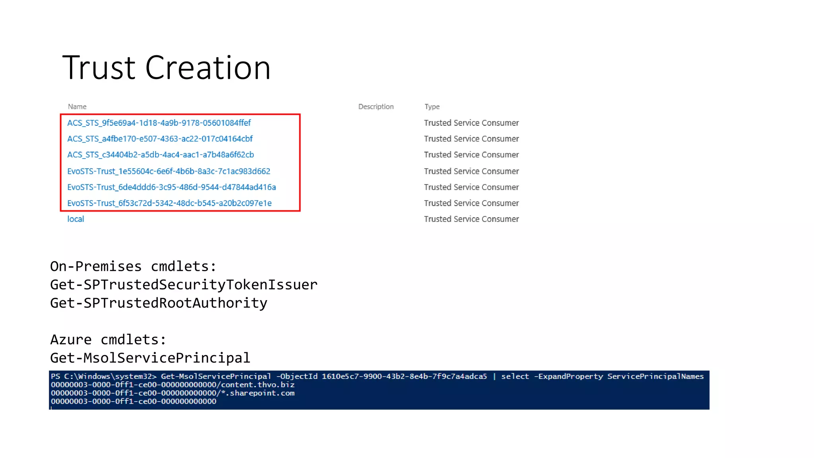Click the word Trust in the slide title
point(99,68)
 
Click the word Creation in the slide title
point(207,68)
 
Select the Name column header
point(77,107)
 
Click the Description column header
point(376,107)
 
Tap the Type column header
point(432,107)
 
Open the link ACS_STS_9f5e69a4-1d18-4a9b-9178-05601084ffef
point(159,123)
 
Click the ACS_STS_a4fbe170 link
point(160,139)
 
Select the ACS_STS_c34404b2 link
point(160,155)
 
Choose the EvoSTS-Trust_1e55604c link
point(169,171)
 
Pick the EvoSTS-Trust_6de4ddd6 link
point(171,187)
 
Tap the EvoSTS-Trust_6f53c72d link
point(169,203)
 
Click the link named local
point(76,219)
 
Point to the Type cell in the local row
point(471,219)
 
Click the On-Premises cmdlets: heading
point(133,266)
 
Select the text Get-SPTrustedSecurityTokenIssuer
point(184,285)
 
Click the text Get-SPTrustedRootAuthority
point(159,303)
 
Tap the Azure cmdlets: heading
point(108,340)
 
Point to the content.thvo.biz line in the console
point(172,385)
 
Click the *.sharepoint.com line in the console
point(172,393)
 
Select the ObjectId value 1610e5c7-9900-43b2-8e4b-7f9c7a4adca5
point(404,376)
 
